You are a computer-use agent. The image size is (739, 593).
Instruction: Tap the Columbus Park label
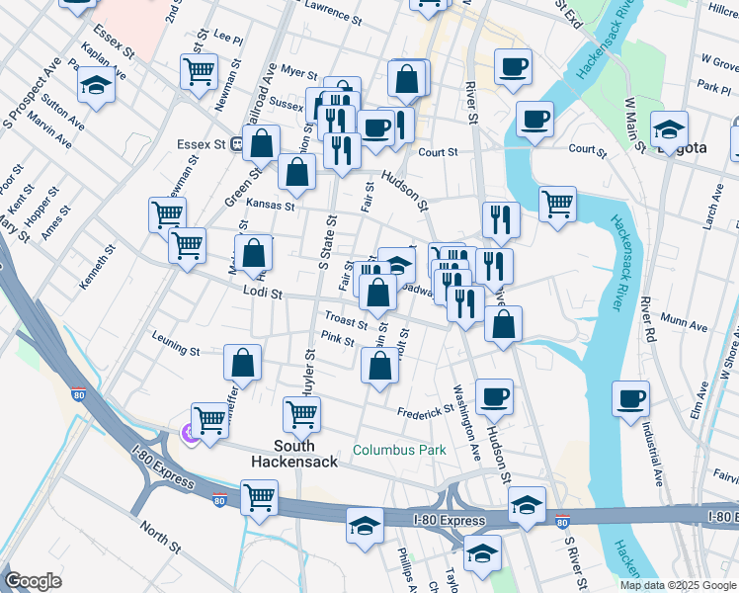(399, 450)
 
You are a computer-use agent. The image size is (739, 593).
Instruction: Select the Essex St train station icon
(237, 144)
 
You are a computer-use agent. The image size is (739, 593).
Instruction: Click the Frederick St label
(425, 411)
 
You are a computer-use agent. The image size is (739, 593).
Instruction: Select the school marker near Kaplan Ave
(96, 85)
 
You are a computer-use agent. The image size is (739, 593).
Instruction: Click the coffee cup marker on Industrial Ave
(630, 399)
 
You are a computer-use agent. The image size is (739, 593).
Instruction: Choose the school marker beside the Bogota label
(669, 129)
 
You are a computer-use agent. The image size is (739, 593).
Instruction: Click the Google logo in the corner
(33, 581)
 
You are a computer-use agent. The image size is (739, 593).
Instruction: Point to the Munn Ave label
(685, 324)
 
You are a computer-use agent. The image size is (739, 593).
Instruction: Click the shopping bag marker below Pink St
(379, 368)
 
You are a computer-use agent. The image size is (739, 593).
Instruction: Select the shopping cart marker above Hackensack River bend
(557, 205)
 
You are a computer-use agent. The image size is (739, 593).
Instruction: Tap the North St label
(159, 536)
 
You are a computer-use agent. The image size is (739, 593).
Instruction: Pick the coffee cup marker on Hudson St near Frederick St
(494, 397)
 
